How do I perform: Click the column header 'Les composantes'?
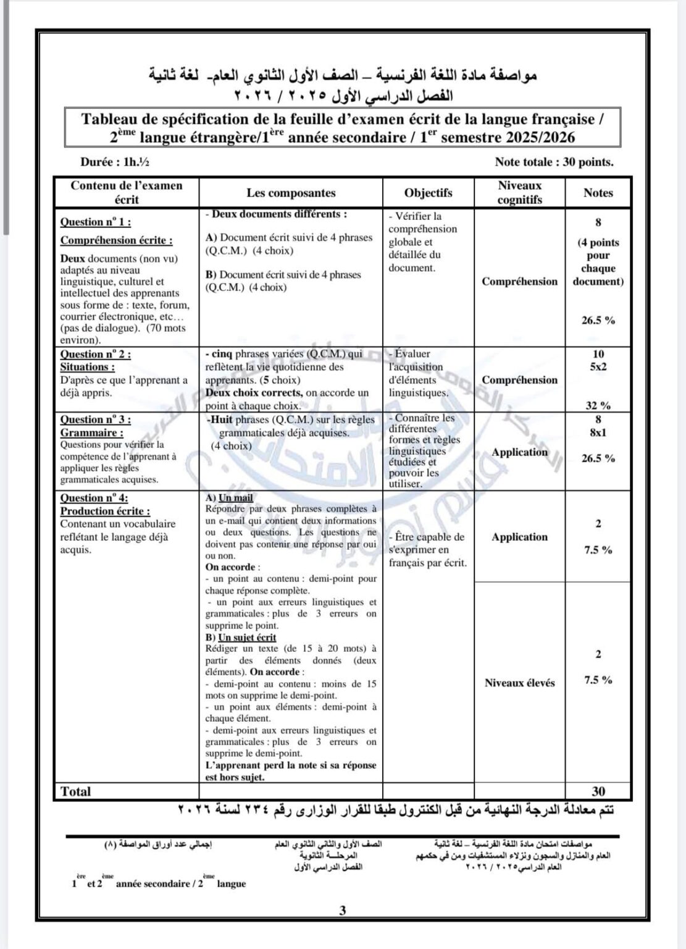coord(291,193)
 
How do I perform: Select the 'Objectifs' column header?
coord(428,193)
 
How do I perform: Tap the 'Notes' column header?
coord(598,193)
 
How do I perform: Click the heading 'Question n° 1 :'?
coord(95,222)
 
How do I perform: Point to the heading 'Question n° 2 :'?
coord(95,354)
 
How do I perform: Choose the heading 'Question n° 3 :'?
coord(95,420)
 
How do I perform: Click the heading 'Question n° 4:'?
coord(94,498)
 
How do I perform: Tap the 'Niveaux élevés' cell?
coord(519,683)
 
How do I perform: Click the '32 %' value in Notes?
coord(598,405)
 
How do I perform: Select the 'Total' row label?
coord(76,791)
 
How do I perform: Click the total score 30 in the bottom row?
coord(598,791)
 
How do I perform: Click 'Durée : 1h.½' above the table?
coord(114,162)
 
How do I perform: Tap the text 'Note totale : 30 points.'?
coord(554,162)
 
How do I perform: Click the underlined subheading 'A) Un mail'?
coord(229,497)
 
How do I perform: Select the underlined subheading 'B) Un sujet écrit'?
coord(241,637)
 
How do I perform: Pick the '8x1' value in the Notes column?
coord(598,432)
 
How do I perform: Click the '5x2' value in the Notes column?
coord(598,366)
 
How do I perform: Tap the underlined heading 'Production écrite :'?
coord(105,511)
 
